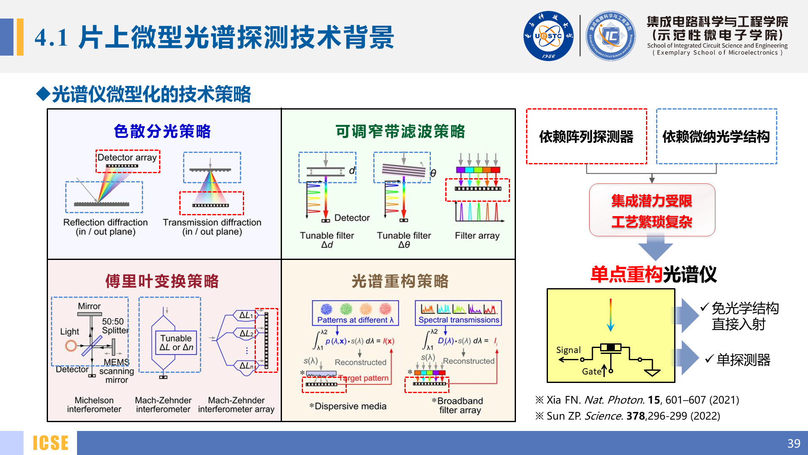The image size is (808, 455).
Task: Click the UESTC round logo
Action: (548, 36)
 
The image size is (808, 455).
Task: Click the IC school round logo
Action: (611, 36)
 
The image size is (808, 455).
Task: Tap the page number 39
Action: (793, 443)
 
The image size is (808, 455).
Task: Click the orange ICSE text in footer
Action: (50, 443)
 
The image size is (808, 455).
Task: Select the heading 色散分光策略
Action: (162, 131)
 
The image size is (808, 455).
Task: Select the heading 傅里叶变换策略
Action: (162, 281)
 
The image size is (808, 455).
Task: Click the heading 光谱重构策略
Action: (400, 281)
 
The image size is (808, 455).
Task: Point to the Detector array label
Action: (127, 158)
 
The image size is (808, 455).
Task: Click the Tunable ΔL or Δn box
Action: (176, 343)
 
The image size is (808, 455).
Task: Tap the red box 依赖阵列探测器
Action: (586, 136)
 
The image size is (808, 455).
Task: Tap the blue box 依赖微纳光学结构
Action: (716, 136)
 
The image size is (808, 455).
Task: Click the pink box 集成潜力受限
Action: (652, 210)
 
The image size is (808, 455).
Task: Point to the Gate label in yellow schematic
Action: (591, 372)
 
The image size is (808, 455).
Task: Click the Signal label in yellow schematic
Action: (568, 350)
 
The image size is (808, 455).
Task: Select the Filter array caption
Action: (477, 236)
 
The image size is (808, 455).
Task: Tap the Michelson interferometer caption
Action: (94, 404)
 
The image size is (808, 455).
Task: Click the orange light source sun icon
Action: (71, 346)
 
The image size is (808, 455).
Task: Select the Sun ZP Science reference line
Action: (627, 416)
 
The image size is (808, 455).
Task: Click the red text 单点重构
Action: (626, 275)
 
